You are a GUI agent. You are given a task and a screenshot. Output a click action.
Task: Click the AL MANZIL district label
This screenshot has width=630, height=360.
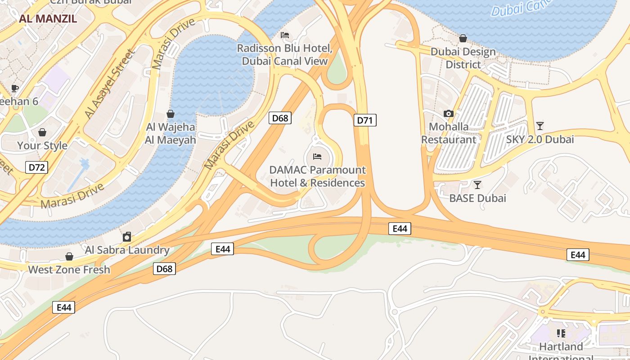pos(48,18)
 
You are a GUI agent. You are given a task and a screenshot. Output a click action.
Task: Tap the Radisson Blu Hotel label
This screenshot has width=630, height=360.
pos(284,54)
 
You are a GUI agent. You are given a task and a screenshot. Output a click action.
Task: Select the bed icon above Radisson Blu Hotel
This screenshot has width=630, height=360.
pos(284,35)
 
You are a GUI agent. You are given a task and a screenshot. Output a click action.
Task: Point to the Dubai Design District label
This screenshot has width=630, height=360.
pos(463,58)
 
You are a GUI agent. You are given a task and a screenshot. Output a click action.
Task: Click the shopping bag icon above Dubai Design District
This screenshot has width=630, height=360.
pos(463,38)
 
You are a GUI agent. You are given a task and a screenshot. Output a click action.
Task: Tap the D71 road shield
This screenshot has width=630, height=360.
pos(364,120)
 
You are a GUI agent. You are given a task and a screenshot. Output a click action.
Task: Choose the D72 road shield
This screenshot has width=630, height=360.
pos(36,168)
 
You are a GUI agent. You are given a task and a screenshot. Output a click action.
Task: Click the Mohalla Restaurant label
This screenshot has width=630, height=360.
pos(448,133)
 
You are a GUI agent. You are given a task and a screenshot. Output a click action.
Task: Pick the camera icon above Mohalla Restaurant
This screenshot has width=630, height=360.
pos(448,113)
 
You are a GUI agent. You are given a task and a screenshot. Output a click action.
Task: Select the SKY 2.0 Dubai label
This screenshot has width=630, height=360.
pos(540,139)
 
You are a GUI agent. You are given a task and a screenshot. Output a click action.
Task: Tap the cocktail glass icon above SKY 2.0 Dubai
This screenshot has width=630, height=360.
pos(540,126)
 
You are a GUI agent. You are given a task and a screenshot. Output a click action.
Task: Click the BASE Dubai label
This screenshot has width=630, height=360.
pos(477,198)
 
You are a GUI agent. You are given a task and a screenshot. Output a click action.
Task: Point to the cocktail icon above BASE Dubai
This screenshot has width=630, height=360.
pos(477,184)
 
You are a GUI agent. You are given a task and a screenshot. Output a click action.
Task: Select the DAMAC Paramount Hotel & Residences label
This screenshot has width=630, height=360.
pos(317,176)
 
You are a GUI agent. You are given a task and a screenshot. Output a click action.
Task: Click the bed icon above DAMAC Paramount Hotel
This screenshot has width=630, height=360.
pos(317,157)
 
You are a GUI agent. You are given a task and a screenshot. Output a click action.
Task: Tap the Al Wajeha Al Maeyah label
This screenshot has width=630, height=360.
pos(171,134)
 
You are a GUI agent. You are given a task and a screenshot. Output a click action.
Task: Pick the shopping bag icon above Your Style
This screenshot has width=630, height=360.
pos(42,132)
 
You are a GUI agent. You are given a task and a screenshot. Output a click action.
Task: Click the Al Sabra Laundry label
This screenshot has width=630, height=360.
pos(127,250)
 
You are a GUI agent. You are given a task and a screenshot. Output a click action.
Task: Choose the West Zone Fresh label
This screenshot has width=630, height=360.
pos(69,270)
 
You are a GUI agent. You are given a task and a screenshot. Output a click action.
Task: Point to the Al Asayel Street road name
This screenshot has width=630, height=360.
pos(109,84)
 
